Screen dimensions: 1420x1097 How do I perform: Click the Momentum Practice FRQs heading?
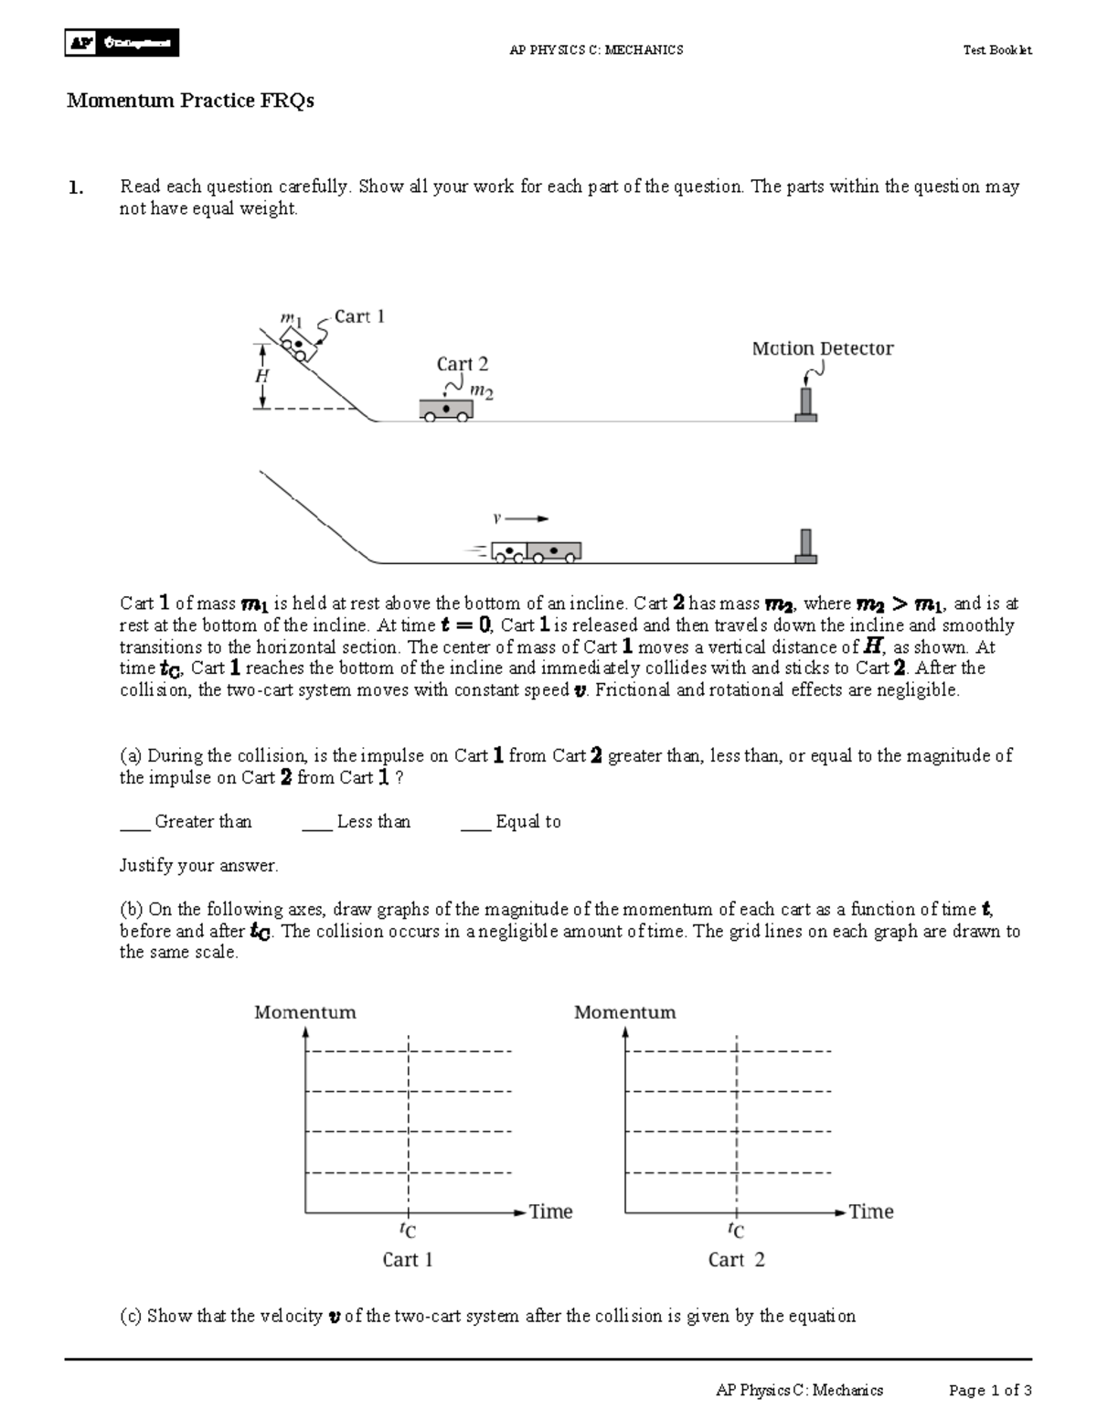coord(190,101)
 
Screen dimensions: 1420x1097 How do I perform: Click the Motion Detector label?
coord(822,348)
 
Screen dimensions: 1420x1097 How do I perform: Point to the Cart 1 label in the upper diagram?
coord(359,316)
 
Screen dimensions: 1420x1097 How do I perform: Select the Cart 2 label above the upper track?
coord(462,364)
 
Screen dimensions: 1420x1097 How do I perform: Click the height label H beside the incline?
coord(262,376)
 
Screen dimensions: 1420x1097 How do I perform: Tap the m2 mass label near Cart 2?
coord(481,391)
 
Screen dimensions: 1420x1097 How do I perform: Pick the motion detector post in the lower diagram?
coord(805,545)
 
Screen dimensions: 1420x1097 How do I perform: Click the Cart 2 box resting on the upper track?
coord(445,409)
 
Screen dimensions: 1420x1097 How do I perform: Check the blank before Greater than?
coord(134,822)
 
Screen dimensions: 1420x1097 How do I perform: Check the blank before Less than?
coord(316,822)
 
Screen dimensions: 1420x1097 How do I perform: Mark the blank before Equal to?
coord(475,822)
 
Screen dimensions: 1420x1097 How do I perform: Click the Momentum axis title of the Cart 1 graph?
coord(304,1012)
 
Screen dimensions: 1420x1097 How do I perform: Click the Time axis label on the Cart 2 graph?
coord(870,1212)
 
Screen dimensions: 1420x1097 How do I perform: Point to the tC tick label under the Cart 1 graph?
coord(408,1230)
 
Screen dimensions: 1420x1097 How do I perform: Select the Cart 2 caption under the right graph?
coord(736,1260)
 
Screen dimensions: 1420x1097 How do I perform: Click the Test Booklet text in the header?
coord(997,50)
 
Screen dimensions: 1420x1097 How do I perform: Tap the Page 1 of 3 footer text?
coord(990,1391)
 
